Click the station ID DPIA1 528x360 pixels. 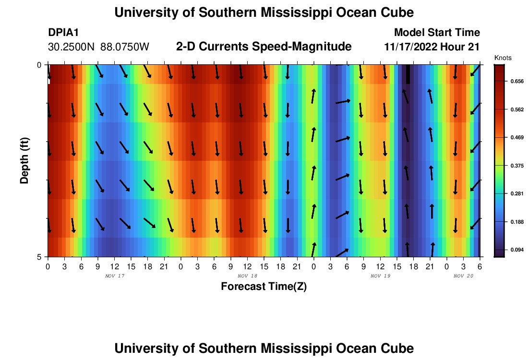coord(63,33)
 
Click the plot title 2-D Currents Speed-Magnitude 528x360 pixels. coord(264,47)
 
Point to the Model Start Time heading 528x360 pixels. coord(437,33)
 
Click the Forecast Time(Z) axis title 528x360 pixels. coord(264,287)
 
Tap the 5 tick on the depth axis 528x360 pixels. coord(39,257)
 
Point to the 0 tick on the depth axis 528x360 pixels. coord(39,65)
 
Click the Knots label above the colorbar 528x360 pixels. coord(503,58)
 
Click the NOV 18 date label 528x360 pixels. coord(247,276)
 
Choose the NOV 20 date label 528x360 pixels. coord(463,276)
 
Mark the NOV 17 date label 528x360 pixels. coord(114,276)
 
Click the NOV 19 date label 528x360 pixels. coord(380,276)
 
